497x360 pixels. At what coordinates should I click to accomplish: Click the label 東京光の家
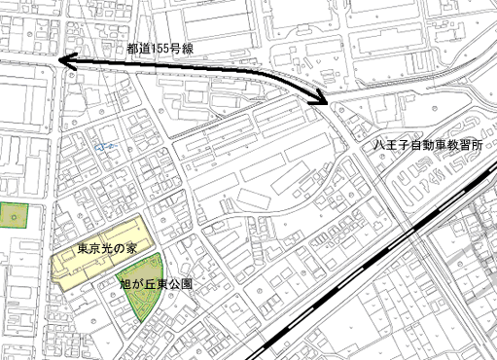(x=107, y=250)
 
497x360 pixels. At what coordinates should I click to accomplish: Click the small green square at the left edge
(x=13, y=215)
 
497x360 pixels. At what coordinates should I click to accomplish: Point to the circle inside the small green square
(x=14, y=215)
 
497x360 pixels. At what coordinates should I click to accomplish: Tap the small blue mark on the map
(x=100, y=146)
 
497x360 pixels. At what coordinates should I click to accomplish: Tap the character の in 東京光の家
(x=119, y=250)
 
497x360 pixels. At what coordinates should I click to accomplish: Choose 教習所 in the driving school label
(x=477, y=144)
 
